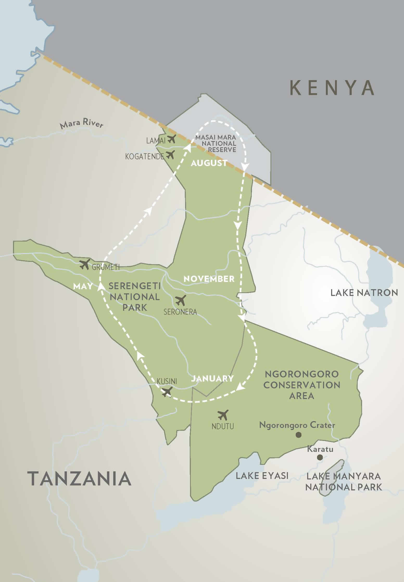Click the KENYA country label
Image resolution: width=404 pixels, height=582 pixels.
(x=332, y=88)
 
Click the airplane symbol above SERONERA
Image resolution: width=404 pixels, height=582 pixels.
(x=181, y=300)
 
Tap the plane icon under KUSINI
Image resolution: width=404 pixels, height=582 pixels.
(x=167, y=391)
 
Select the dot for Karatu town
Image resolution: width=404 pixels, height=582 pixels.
(x=320, y=457)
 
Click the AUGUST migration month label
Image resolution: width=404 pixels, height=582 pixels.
(x=209, y=163)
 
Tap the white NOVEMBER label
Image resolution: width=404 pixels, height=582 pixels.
(x=209, y=279)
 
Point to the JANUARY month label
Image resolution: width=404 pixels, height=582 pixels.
(x=212, y=378)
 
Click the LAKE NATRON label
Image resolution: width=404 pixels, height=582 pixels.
(x=364, y=293)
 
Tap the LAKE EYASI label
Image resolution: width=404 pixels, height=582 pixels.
(x=262, y=476)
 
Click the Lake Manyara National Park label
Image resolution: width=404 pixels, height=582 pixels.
(x=343, y=482)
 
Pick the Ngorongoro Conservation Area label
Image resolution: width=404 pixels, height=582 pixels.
(x=302, y=385)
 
